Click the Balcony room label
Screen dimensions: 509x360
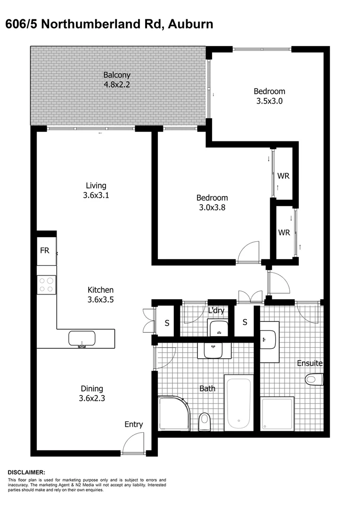point(117,75)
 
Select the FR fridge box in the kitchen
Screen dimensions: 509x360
point(45,250)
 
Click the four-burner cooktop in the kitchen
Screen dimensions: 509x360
point(46,285)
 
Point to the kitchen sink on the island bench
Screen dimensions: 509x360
point(82,338)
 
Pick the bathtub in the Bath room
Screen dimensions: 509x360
point(238,402)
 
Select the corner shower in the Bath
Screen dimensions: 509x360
point(173,413)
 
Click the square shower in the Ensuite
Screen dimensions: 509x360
point(278,413)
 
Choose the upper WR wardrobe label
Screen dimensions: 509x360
point(283,176)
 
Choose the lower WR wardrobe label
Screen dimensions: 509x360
point(284,233)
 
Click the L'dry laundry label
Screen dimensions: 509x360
point(216,312)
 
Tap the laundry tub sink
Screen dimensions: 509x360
point(218,328)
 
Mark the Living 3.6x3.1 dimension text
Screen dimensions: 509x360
point(96,195)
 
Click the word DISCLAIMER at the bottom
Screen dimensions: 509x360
point(26,472)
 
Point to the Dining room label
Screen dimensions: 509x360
point(91,389)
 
